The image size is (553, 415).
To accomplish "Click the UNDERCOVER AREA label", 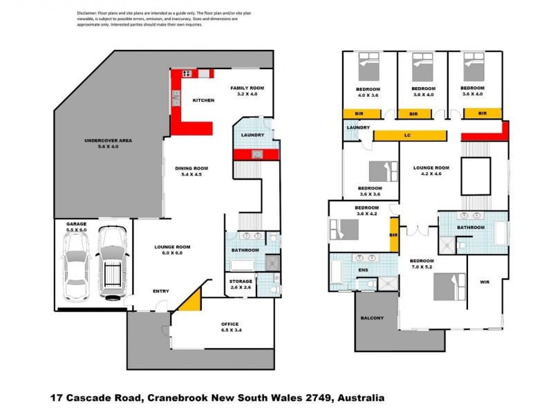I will click(x=107, y=140).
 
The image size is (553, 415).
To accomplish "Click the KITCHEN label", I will click(x=203, y=100).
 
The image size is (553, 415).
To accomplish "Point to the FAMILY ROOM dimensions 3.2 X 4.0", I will click(x=247, y=94).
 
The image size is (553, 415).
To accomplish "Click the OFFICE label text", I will click(x=229, y=324).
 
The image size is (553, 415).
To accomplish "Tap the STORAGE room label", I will click(x=241, y=282).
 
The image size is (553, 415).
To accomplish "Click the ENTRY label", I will click(x=160, y=291).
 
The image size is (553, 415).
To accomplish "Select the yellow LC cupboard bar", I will click(x=409, y=136).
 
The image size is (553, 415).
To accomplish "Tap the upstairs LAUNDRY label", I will click(x=357, y=127).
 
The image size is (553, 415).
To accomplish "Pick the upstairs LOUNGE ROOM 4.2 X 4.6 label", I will click(x=432, y=171).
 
